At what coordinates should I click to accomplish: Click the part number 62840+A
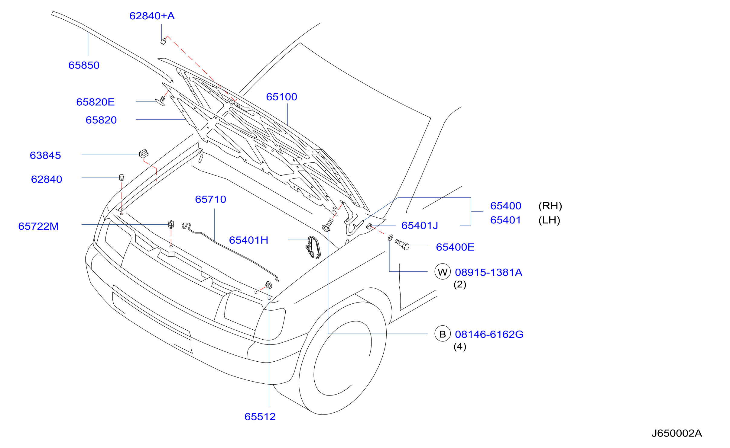[152, 16]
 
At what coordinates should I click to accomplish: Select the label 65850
[84, 65]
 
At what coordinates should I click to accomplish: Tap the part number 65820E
[96, 102]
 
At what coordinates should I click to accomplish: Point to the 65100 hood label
[282, 97]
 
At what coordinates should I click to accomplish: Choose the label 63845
[45, 155]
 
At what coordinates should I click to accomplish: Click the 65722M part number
[38, 226]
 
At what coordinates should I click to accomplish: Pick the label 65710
[211, 200]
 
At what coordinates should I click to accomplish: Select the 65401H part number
[249, 240]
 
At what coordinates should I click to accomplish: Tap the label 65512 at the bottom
[260, 417]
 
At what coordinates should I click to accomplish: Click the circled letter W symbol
[443, 272]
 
